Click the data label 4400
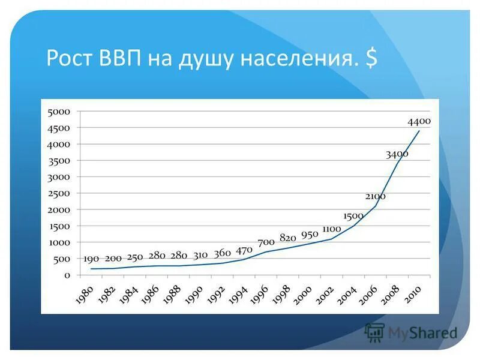pyautogui.click(x=419, y=121)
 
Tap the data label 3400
pyautogui.click(x=397, y=154)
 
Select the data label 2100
pyautogui.click(x=375, y=196)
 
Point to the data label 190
pyautogui.click(x=91, y=259)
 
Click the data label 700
pyautogui.click(x=266, y=242)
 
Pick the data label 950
pyautogui.click(x=310, y=234)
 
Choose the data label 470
pyautogui.click(x=244, y=251)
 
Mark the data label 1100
pyautogui.click(x=331, y=229)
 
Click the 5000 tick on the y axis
pyautogui.click(x=59, y=112)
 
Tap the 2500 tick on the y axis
pyautogui.click(x=59, y=193)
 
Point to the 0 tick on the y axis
pyautogui.click(x=67, y=275)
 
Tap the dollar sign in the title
pyautogui.click(x=372, y=60)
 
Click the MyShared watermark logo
pyautogui.click(x=411, y=332)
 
